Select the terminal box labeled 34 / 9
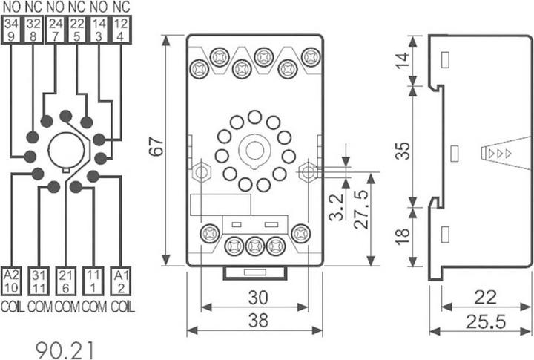pyautogui.click(x=11, y=30)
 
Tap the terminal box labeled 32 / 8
pyautogui.click(x=33, y=30)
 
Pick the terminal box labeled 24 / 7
pyautogui.click(x=54, y=30)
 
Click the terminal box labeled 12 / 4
pyautogui.click(x=122, y=30)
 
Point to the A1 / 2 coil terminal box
pyautogui.click(x=122, y=282)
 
